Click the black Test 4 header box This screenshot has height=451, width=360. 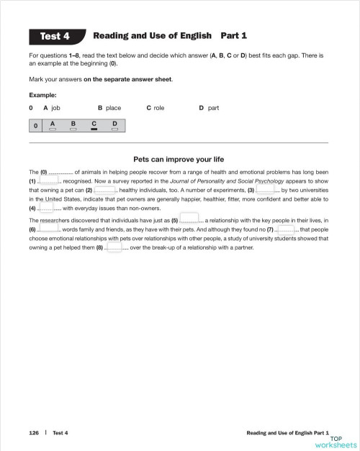point(55,35)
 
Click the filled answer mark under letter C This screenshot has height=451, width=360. point(94,130)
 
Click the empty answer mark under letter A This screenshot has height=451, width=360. point(53,130)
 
